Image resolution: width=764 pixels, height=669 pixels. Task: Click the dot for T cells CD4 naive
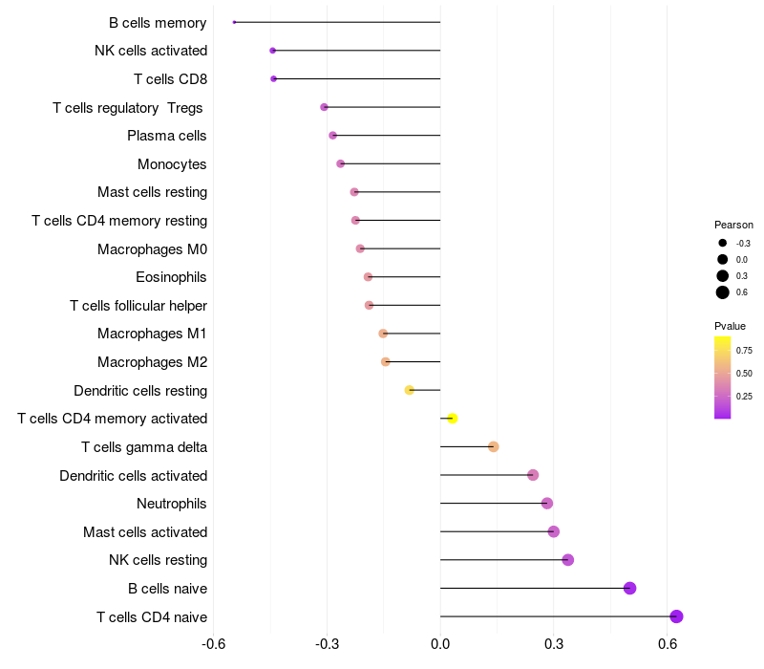click(x=676, y=616)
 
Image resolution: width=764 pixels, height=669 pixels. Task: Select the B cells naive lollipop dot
click(x=629, y=588)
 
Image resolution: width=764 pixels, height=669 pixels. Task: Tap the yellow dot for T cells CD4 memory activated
click(x=453, y=419)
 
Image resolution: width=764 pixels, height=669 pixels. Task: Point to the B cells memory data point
click(x=234, y=22)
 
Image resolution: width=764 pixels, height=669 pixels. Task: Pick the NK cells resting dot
click(x=568, y=560)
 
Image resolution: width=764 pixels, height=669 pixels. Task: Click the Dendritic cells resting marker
click(x=409, y=390)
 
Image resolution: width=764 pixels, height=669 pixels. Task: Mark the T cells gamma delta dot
click(x=494, y=447)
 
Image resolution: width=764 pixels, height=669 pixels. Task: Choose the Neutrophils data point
click(x=547, y=504)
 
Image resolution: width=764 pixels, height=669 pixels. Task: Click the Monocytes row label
click(x=172, y=164)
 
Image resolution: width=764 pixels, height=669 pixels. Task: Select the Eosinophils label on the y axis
click(x=171, y=277)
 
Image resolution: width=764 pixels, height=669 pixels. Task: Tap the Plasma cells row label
click(x=167, y=136)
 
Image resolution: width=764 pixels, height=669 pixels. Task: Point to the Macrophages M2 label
click(x=152, y=362)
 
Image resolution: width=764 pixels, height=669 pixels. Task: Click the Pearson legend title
click(x=733, y=225)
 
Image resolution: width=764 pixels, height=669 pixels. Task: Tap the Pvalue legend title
click(x=731, y=326)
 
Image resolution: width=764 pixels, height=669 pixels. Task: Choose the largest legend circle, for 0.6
click(x=723, y=292)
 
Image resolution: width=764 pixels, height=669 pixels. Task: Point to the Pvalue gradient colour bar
click(x=723, y=378)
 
